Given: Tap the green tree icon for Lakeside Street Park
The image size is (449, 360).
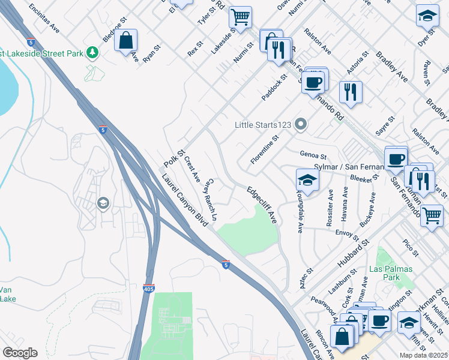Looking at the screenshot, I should coord(92,53).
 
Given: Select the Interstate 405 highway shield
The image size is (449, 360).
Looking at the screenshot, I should coord(149,289).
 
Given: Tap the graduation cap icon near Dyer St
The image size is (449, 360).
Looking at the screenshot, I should coord(427,16).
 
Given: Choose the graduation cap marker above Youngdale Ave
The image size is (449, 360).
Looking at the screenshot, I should coord(307,180).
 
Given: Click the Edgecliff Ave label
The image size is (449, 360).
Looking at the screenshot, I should coord(263,204).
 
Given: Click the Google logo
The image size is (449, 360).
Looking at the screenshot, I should coord(20,353).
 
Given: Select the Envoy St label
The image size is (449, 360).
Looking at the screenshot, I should coord(346,232).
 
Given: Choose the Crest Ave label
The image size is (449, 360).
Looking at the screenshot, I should coord(192,170).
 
